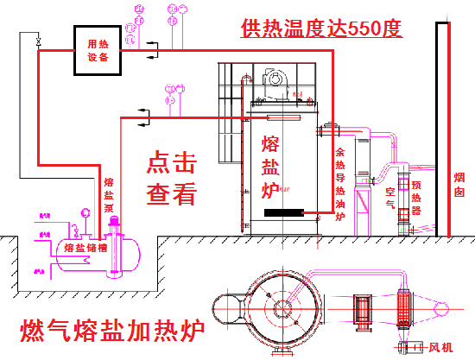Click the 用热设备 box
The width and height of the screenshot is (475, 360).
(98, 51)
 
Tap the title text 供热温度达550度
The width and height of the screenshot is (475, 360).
(321, 30)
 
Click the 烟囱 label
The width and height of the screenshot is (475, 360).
(459, 186)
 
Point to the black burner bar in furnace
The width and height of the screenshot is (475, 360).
(282, 213)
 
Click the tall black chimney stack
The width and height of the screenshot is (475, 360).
(441, 129)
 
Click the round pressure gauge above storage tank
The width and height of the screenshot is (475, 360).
(85, 211)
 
